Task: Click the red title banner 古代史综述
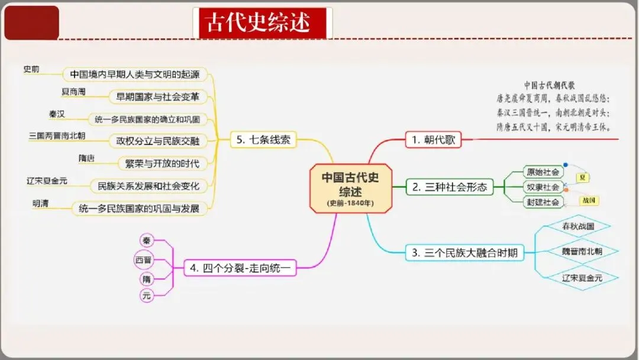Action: coord(262,23)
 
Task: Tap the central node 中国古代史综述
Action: coord(350,188)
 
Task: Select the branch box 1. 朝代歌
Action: coord(433,140)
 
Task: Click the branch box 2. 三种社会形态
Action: coord(450,187)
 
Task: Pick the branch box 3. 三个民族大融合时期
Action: coord(464,253)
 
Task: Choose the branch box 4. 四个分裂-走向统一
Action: coord(240,268)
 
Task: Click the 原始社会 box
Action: coord(543,172)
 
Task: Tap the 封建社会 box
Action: coord(543,202)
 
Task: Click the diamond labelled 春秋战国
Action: coord(577,227)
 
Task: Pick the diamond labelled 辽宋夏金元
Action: coord(582,278)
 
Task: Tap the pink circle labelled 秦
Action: coord(146,240)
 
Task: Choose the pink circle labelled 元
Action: coord(146,295)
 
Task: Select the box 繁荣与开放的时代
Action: coord(158,163)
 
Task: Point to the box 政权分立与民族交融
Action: coord(154,141)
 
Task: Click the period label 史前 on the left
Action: coord(31,69)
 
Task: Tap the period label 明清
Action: coord(41,204)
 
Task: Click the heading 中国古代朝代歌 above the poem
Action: coord(550,85)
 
